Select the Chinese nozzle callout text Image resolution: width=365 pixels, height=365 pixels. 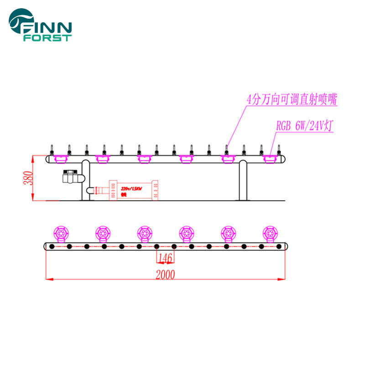292,100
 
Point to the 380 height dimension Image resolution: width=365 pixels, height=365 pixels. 28,178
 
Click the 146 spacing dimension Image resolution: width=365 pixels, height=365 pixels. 165,258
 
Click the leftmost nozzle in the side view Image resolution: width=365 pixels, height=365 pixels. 52,150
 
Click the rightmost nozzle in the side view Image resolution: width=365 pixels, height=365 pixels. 279,150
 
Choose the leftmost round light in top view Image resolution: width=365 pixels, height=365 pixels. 61,233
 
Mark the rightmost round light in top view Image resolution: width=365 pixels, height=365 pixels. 270,233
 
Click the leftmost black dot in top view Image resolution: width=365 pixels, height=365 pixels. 52,247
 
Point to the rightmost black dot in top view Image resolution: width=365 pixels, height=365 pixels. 279,247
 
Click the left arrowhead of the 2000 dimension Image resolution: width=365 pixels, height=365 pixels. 47,278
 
